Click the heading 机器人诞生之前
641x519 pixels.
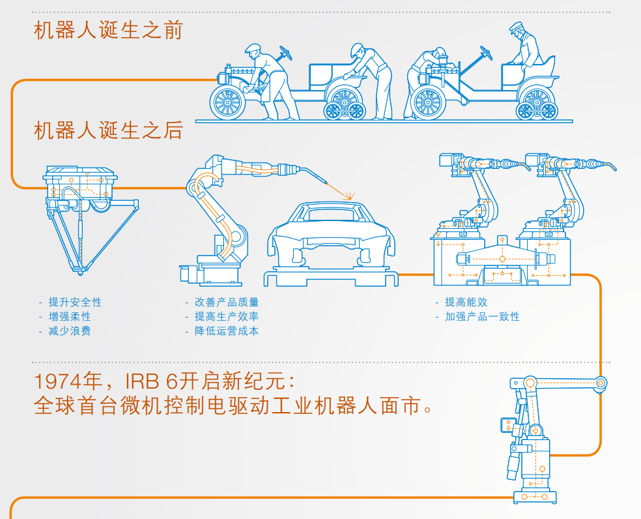pos(108,31)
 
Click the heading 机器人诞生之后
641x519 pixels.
pos(108,130)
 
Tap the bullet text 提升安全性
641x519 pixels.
pos(75,302)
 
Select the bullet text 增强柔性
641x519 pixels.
pos(70,316)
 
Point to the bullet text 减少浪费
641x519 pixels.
pos(70,331)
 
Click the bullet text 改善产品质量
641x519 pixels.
pos(227,302)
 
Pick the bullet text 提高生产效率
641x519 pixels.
pos(227,316)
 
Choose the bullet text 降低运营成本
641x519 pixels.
pos(227,331)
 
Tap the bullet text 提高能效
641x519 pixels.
pos(466,302)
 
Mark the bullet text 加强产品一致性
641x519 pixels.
pos(483,316)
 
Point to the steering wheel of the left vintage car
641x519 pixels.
pos(286,53)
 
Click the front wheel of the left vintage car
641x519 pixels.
pos(228,102)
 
